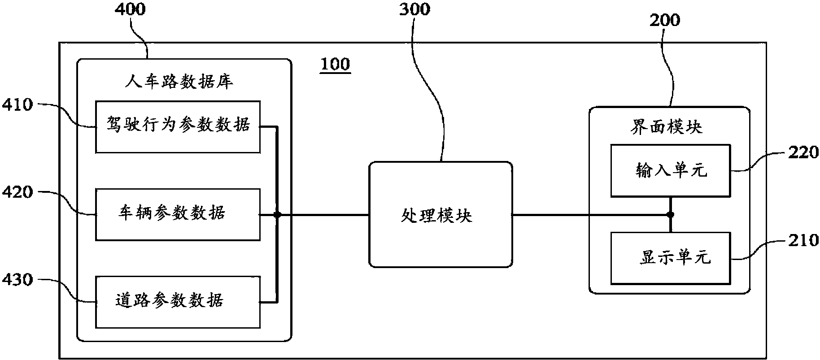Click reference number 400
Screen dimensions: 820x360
pos(131,9)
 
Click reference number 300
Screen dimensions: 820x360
pos(414,9)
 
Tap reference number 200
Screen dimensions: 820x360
pos(664,20)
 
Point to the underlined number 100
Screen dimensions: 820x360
pos(335,64)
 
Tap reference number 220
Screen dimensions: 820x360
pos(803,153)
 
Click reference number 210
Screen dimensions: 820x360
pos(803,241)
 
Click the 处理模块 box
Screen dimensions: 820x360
pos(441,215)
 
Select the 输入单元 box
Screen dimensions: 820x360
pos(671,170)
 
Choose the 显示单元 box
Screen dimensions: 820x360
pos(671,258)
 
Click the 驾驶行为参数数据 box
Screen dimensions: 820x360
pos(178,127)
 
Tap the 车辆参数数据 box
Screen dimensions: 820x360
pos(178,214)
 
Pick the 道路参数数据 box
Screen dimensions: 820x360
pos(178,302)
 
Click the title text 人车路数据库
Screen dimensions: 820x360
pos(179,82)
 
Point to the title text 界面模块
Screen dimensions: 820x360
pos(666,127)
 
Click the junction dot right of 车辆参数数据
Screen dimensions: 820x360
pos(277,215)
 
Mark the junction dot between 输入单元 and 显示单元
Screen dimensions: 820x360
pos(670,215)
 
